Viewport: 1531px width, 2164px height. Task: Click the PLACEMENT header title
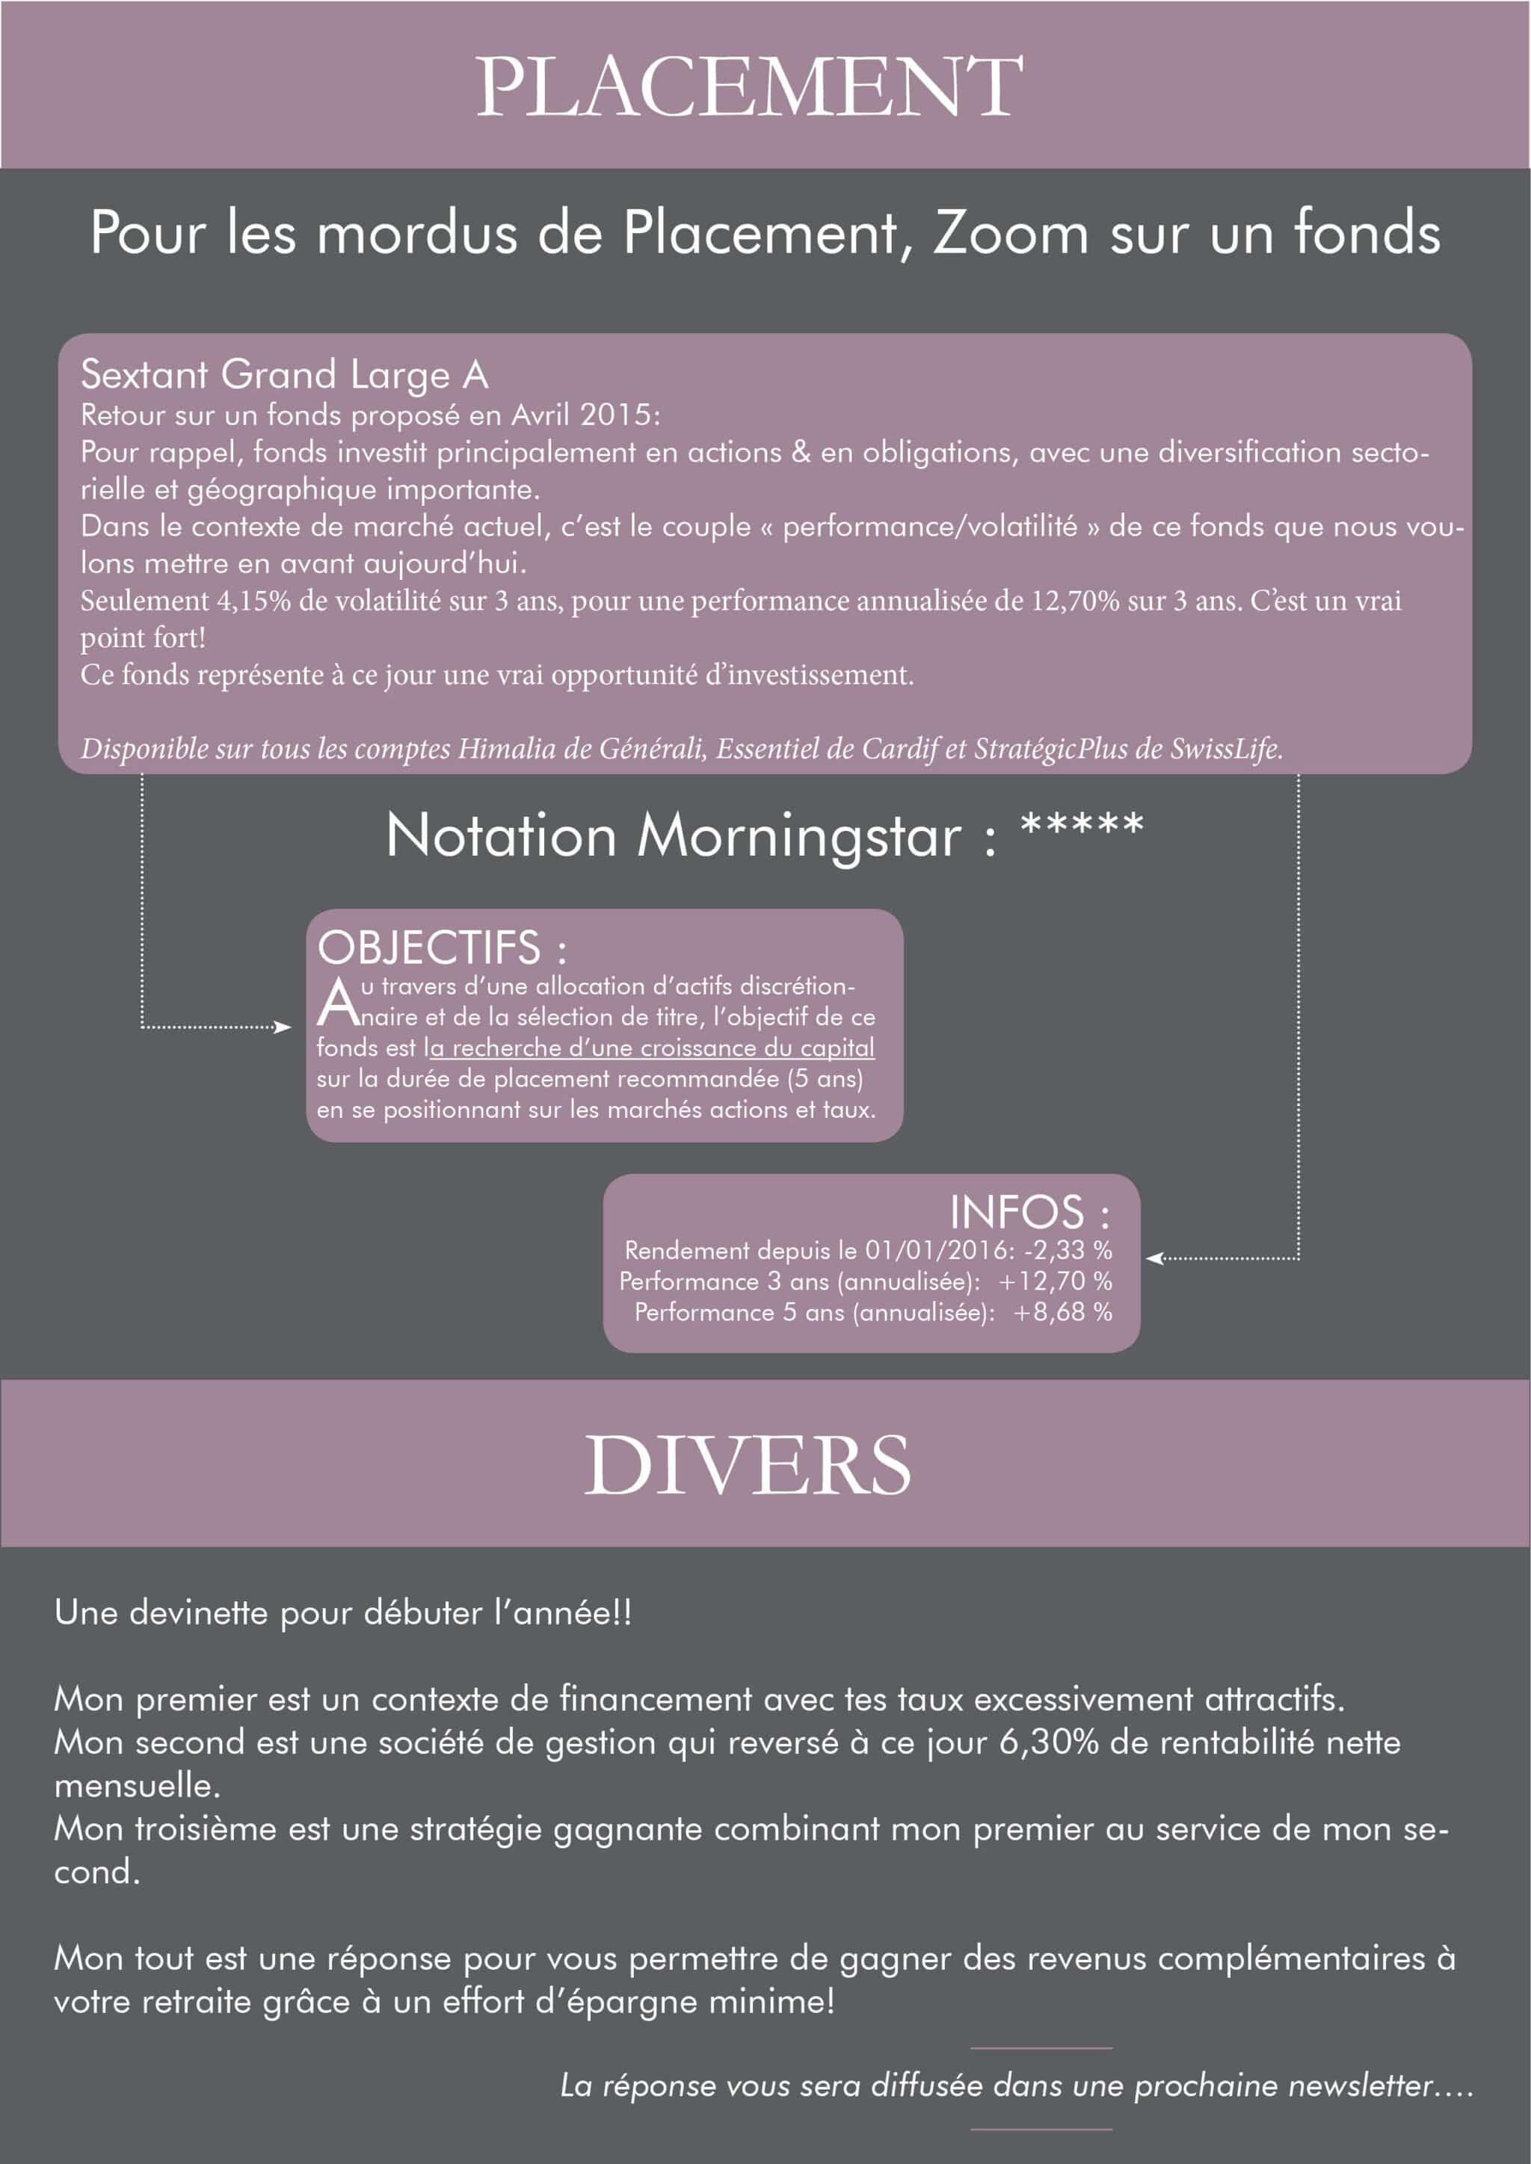(x=750, y=87)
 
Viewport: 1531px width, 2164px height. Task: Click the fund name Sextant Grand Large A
(x=285, y=375)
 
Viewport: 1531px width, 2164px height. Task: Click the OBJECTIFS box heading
(x=442, y=948)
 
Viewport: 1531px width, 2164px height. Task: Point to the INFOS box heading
(x=1029, y=1213)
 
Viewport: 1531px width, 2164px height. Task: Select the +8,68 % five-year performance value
(x=1062, y=1312)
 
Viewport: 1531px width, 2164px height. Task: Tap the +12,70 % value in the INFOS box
(x=1055, y=1282)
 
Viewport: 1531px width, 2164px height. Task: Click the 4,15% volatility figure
(x=253, y=602)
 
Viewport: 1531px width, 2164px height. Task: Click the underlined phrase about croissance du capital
(x=649, y=1048)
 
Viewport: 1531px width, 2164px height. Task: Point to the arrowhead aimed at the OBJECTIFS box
(x=282, y=1027)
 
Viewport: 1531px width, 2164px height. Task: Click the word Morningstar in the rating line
(x=799, y=837)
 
